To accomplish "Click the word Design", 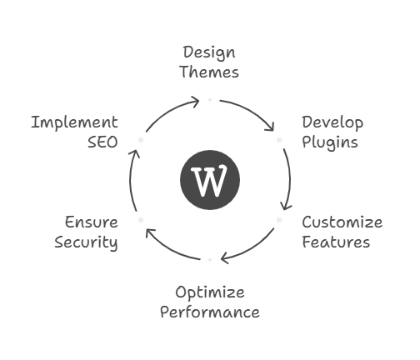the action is [x=209, y=52].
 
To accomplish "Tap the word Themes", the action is [x=209, y=72].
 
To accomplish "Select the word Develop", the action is [x=332, y=122].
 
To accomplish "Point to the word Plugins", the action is [x=330, y=142].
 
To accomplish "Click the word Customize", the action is [x=342, y=222].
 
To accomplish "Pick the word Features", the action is [x=336, y=242].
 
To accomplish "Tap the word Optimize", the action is [x=210, y=293].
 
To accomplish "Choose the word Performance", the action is [x=210, y=312].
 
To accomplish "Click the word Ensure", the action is [x=92, y=222].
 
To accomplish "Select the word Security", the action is [x=86, y=242].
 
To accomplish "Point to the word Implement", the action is [x=74, y=122].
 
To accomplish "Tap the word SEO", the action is [x=102, y=142].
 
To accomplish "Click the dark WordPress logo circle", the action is [x=210, y=180].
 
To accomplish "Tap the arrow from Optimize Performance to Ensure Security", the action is [x=168, y=249].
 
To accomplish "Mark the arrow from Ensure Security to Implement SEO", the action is [x=131, y=179].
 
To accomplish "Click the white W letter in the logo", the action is [x=209, y=180].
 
